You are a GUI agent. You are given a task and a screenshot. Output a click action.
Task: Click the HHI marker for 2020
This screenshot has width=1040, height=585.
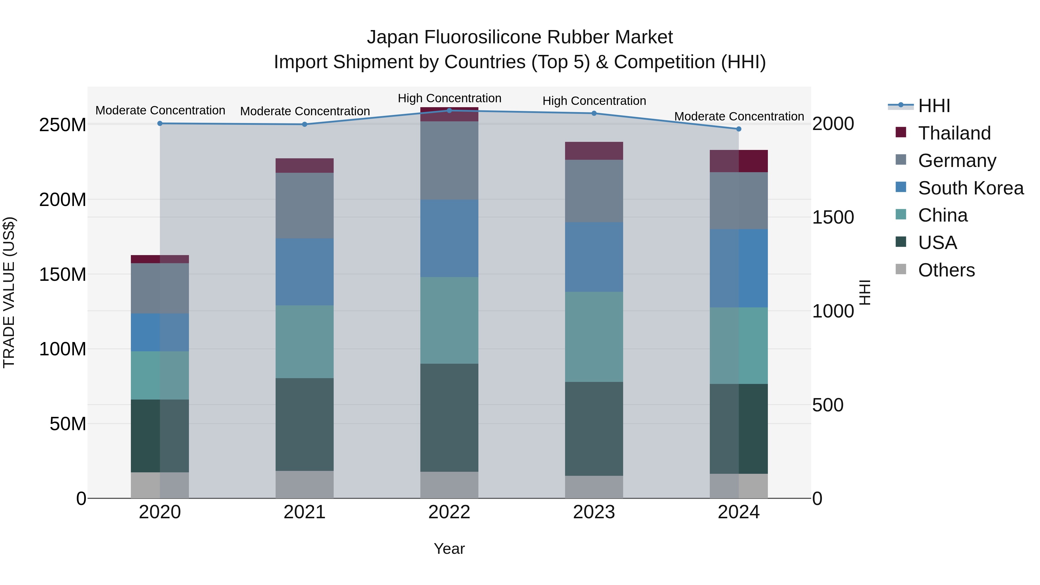pyautogui.click(x=160, y=124)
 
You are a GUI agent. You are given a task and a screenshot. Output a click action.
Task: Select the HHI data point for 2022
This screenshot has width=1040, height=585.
pyautogui.click(x=449, y=111)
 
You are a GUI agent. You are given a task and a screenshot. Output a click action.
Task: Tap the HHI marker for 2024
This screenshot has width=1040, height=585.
pyautogui.click(x=739, y=129)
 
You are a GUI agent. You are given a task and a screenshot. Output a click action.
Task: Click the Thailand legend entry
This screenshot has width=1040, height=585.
pyautogui.click(x=954, y=133)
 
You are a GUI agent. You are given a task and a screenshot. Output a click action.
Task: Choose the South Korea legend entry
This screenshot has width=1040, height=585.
pyautogui.click(x=971, y=188)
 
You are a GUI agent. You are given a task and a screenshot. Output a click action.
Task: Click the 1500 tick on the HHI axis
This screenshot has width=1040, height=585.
pyautogui.click(x=833, y=218)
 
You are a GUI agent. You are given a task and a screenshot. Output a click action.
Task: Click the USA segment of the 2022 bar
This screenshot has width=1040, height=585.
pyautogui.click(x=449, y=417)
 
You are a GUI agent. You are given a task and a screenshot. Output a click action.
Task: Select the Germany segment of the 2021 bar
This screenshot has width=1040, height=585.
pyautogui.click(x=304, y=205)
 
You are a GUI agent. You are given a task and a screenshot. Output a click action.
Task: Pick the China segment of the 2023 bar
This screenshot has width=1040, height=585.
pyautogui.click(x=594, y=337)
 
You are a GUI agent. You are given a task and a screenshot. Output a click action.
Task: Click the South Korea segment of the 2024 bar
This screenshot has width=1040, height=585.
pyautogui.click(x=739, y=268)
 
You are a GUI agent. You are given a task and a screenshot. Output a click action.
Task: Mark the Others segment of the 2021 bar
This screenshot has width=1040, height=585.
pyautogui.click(x=304, y=484)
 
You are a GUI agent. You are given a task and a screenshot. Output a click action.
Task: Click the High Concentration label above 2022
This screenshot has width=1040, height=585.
pyautogui.click(x=449, y=99)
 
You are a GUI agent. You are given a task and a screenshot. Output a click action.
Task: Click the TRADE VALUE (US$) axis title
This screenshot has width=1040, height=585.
pyautogui.click(x=9, y=292)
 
